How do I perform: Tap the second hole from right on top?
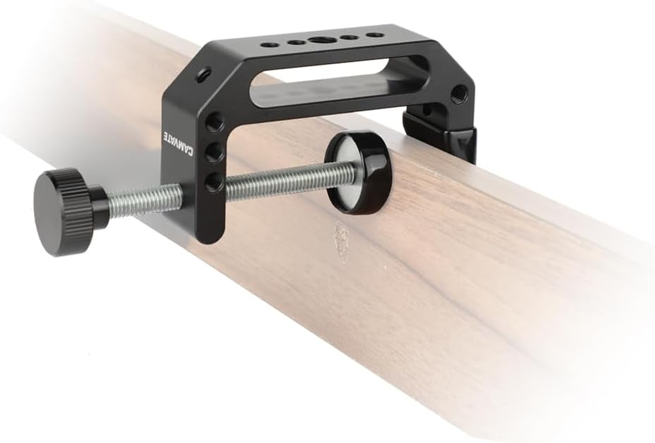(349, 38)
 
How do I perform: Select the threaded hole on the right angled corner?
(459, 94)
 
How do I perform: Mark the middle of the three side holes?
(215, 151)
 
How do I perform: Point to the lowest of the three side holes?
(214, 181)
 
